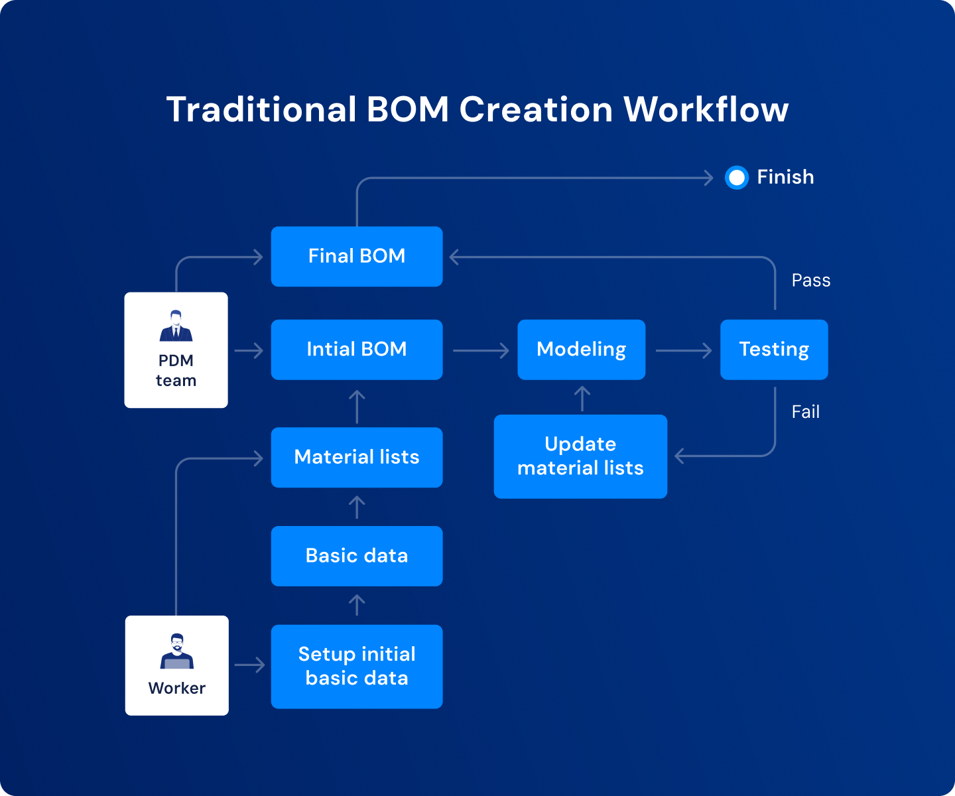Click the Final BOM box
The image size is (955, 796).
tap(357, 257)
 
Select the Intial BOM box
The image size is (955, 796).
tap(357, 350)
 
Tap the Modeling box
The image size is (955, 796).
tap(581, 350)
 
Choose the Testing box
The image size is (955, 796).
tap(774, 350)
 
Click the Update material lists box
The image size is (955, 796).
tap(580, 456)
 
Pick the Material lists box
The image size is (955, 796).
tap(357, 457)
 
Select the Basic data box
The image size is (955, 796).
tap(357, 556)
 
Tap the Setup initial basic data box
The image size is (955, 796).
tap(357, 666)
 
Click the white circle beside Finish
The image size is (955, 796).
tap(736, 178)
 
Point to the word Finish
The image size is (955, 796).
tap(785, 177)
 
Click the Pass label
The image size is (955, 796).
tap(810, 281)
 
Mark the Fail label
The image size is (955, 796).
tap(805, 412)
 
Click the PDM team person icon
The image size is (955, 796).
tap(176, 326)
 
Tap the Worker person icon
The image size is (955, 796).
tap(177, 651)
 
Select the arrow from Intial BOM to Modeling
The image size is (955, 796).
tap(481, 350)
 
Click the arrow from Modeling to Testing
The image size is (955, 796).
tap(683, 350)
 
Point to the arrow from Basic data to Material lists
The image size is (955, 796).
tap(357, 507)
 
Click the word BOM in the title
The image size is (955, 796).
tap(407, 109)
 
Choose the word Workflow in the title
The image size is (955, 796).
tap(706, 109)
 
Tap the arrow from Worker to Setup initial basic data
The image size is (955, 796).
tap(249, 665)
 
